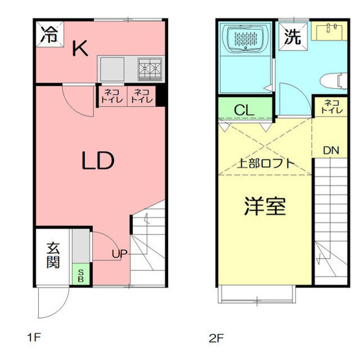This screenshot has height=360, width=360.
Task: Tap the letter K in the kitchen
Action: [x=80, y=49]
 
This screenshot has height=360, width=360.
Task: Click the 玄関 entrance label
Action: [x=53, y=255]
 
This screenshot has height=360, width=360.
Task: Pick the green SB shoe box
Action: [x=81, y=274]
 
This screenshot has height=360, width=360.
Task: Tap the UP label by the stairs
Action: [x=119, y=254]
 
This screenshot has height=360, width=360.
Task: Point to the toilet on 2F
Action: [x=331, y=80]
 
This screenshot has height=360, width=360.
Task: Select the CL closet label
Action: [x=244, y=110]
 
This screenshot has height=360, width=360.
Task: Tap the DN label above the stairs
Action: [x=331, y=150]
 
